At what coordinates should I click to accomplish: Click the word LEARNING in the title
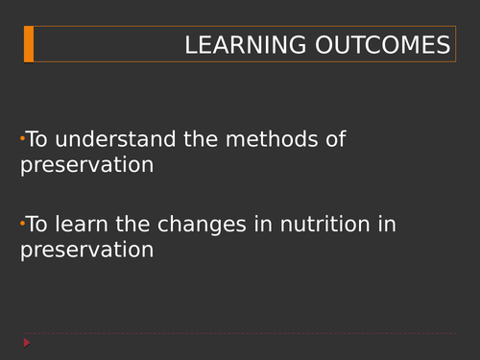pyautogui.click(x=244, y=45)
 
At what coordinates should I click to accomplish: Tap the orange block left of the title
pyautogui.click(x=29, y=44)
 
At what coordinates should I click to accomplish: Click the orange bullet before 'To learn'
pyautogui.click(x=22, y=224)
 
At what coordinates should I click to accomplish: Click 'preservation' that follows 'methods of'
pyautogui.click(x=86, y=164)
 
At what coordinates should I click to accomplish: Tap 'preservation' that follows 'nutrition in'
pyautogui.click(x=86, y=250)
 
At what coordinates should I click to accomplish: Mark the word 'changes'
pyautogui.click(x=197, y=225)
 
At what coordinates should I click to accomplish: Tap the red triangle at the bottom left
pyautogui.click(x=28, y=343)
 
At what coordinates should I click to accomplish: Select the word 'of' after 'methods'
pyautogui.click(x=332, y=139)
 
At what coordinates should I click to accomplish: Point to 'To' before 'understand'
pyautogui.click(x=36, y=139)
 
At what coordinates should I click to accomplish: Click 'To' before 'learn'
pyautogui.click(x=36, y=225)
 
